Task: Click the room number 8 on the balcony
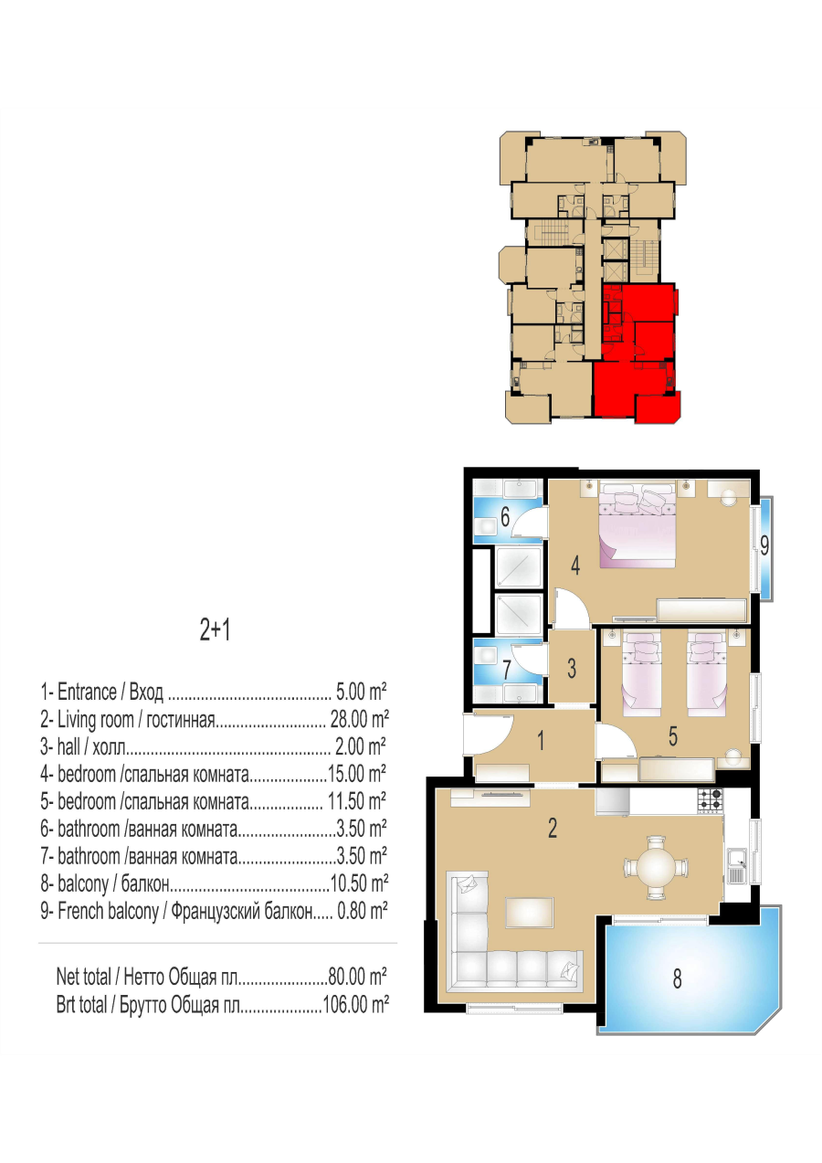click(677, 978)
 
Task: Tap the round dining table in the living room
click(657, 866)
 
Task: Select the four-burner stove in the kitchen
click(710, 800)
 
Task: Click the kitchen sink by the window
click(736, 866)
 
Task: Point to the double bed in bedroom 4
click(638, 523)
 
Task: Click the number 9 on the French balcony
click(764, 545)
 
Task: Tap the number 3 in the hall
click(572, 668)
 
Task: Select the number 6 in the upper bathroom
click(505, 516)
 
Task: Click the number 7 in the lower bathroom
click(507, 670)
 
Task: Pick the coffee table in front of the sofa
click(530, 913)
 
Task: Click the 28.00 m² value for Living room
click(360, 720)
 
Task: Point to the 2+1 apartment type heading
click(215, 630)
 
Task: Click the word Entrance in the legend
click(87, 693)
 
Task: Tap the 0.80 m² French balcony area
click(363, 911)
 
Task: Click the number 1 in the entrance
click(541, 740)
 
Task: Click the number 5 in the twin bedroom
click(672, 736)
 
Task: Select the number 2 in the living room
click(553, 828)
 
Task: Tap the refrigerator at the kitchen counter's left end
click(612, 802)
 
